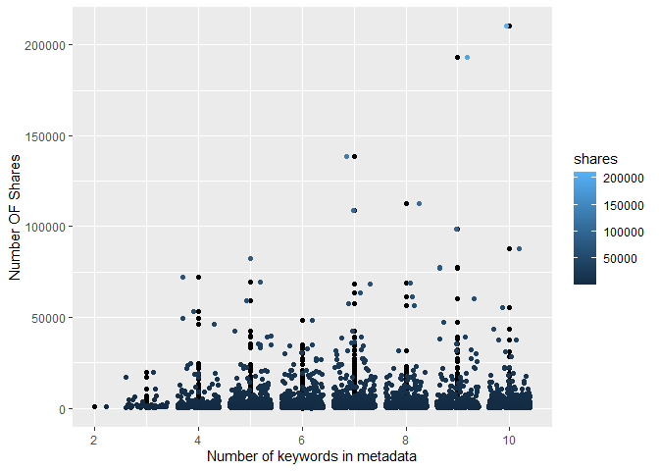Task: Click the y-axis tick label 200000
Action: [46, 45]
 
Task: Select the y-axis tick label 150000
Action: [46, 135]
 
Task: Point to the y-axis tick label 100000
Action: [46, 227]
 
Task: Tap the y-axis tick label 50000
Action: [49, 318]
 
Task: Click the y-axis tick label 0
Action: [61, 408]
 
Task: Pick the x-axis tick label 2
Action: [94, 438]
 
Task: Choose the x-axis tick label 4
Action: [198, 438]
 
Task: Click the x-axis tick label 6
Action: [302, 438]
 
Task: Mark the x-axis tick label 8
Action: [406, 438]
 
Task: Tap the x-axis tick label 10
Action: [509, 438]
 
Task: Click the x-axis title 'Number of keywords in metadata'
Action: [313, 456]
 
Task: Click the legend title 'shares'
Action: [595, 157]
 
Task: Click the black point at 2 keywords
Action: [94, 406]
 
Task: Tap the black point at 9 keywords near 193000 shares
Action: [457, 58]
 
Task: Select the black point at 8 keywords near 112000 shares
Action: [406, 204]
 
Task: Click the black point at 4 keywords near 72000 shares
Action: [198, 277]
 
